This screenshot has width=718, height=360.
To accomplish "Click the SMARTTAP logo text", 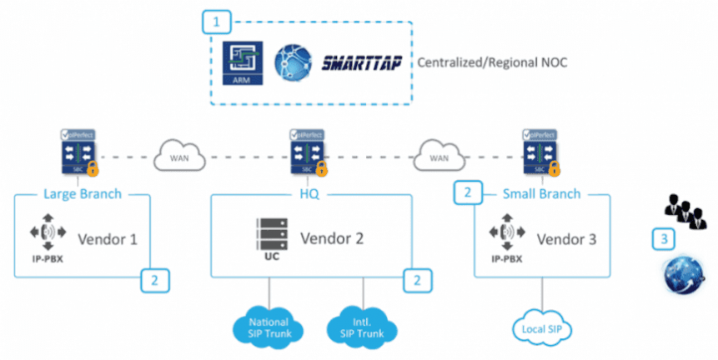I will pyautogui.click(x=364, y=62).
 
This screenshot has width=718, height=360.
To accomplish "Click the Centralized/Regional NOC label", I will pyautogui.click(x=492, y=62).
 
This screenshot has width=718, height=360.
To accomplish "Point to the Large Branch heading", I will pyautogui.click(x=82, y=194).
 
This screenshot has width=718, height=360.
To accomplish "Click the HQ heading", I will pyautogui.click(x=309, y=194).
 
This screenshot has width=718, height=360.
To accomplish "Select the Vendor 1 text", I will pyautogui.click(x=107, y=239).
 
